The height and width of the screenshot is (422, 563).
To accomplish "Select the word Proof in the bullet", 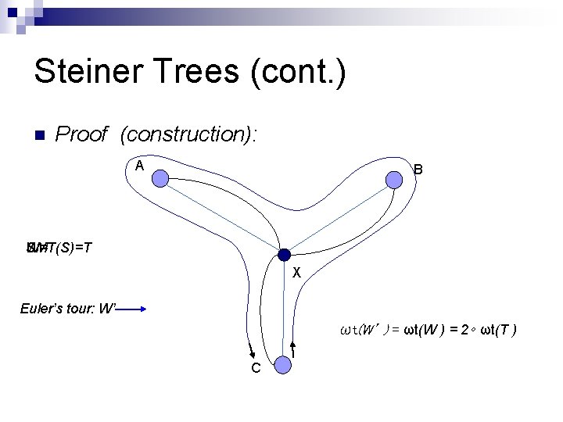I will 81,134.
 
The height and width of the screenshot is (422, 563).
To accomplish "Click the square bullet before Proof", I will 38,134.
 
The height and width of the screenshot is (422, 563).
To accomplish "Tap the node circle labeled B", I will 395,180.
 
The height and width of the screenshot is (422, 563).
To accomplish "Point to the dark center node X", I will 284,254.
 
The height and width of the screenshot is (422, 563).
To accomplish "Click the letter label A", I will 139,166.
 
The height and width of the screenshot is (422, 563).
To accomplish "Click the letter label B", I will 418,169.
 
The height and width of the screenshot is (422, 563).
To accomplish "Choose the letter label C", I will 256,368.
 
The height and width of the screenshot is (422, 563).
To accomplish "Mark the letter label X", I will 296,273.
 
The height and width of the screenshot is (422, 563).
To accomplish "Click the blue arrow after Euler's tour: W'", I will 131,309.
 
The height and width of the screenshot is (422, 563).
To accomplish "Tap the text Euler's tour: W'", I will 67,309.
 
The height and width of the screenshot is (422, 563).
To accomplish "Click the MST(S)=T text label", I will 59,249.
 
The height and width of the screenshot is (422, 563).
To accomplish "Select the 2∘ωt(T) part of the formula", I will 488,330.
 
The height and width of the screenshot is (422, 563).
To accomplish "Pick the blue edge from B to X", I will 339,216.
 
